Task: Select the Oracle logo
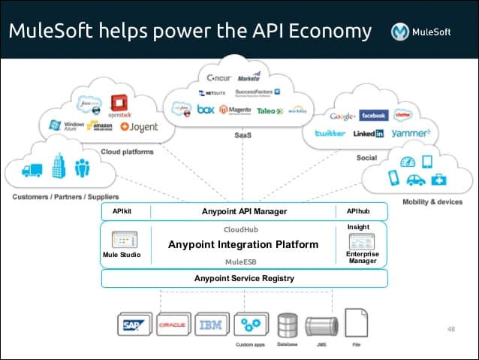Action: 173,325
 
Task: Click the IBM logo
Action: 211,325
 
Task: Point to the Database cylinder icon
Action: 288,325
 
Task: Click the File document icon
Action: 355,324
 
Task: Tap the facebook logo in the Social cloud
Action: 372,116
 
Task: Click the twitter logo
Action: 330,133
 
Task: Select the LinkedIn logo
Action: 369,133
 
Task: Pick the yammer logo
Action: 411,133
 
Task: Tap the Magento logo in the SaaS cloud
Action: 234,110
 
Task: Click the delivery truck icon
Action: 32,171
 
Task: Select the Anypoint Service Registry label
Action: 244,278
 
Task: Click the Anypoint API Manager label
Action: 244,211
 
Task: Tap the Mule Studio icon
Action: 122,241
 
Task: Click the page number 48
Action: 451,328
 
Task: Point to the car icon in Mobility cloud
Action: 415,180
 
